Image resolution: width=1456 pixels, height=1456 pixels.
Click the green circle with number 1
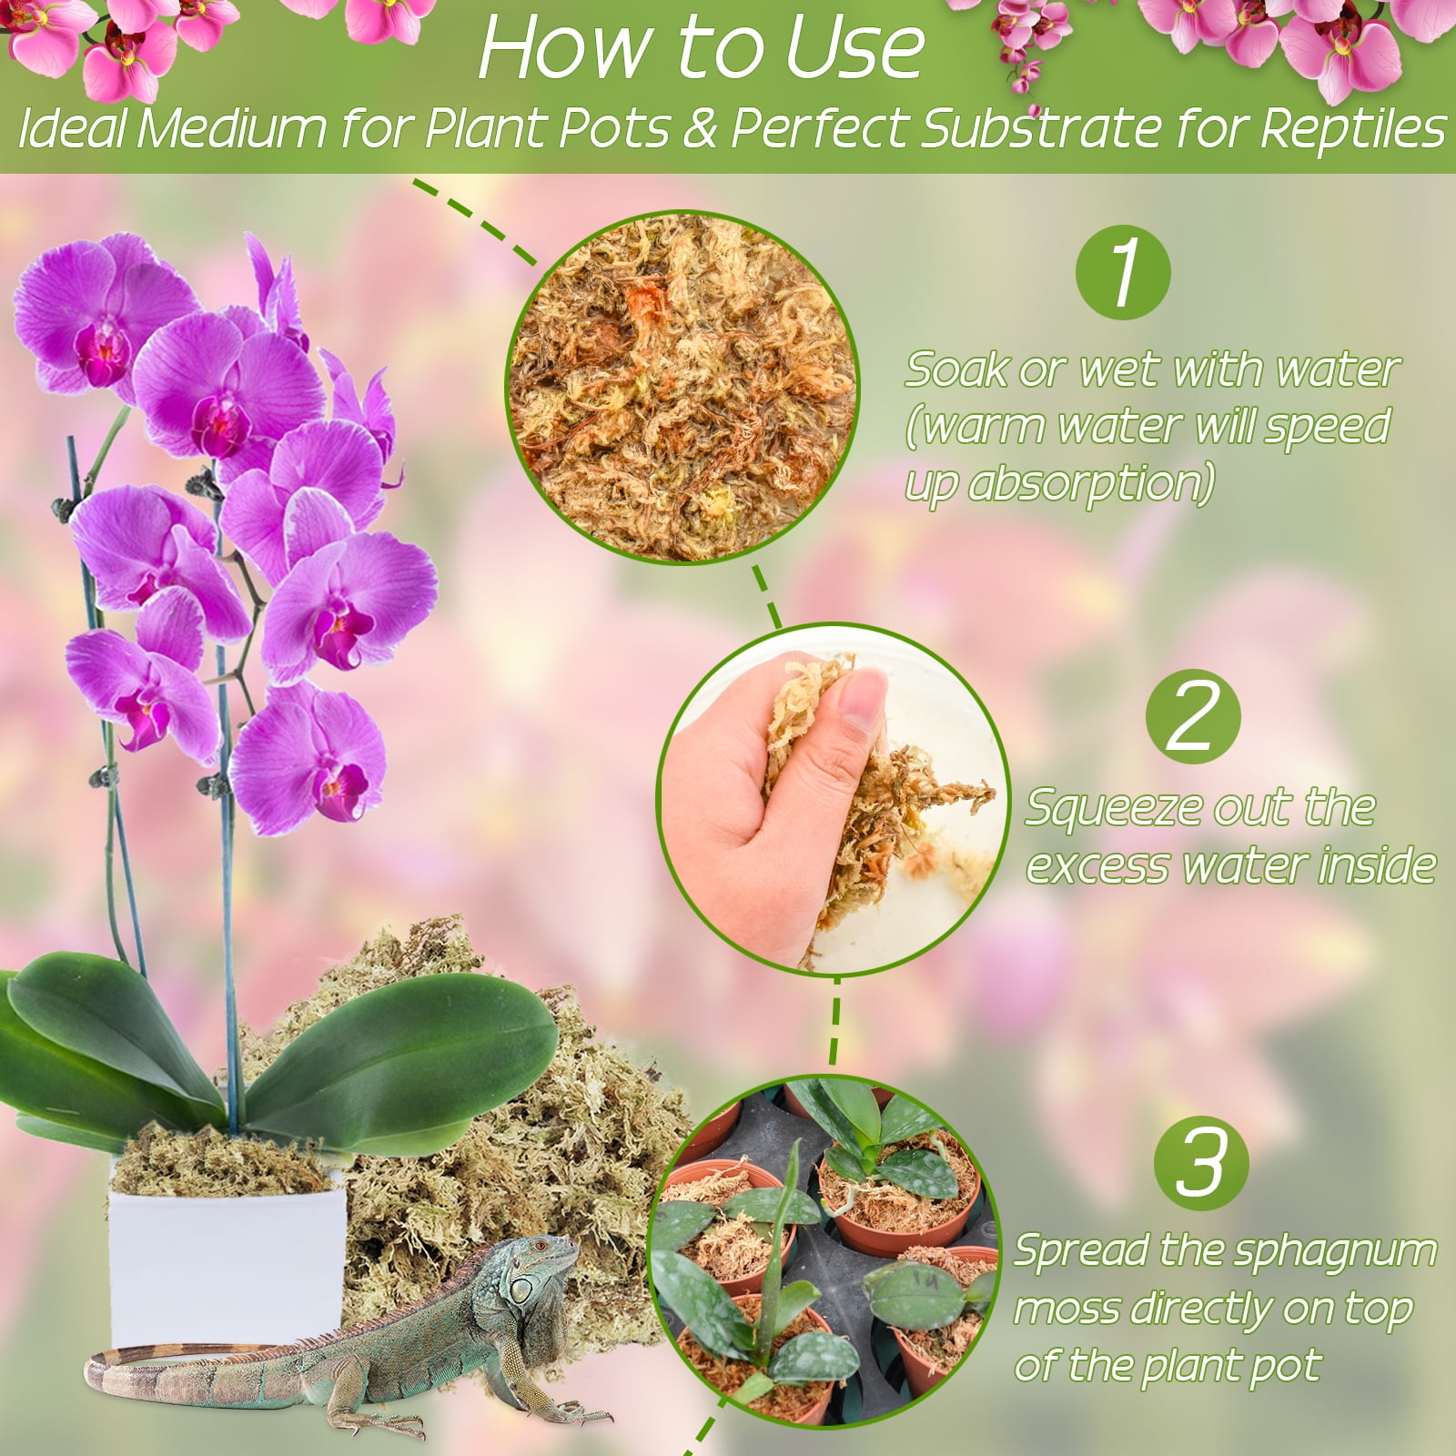[x=1123, y=272]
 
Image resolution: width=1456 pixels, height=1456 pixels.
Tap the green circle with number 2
[x=1193, y=717]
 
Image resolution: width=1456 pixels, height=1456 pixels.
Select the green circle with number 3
[x=1200, y=1164]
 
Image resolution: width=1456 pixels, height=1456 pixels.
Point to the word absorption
[x=1091, y=483]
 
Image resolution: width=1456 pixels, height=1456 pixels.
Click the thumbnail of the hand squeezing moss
[x=833, y=799]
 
